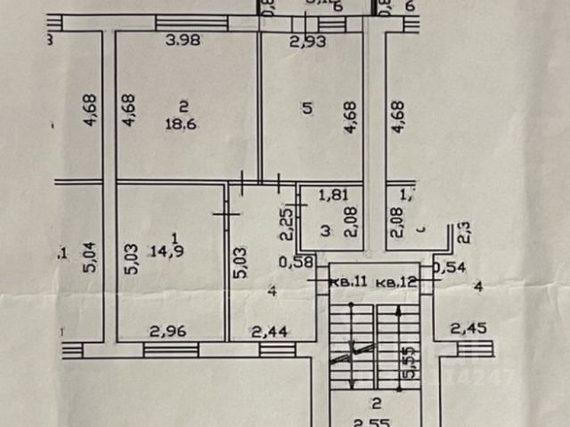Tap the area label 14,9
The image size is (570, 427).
[175, 250]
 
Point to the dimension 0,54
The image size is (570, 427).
[449, 266]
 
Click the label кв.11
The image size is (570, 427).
[349, 282]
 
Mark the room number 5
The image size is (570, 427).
[307, 109]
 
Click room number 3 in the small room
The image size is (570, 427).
[325, 231]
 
